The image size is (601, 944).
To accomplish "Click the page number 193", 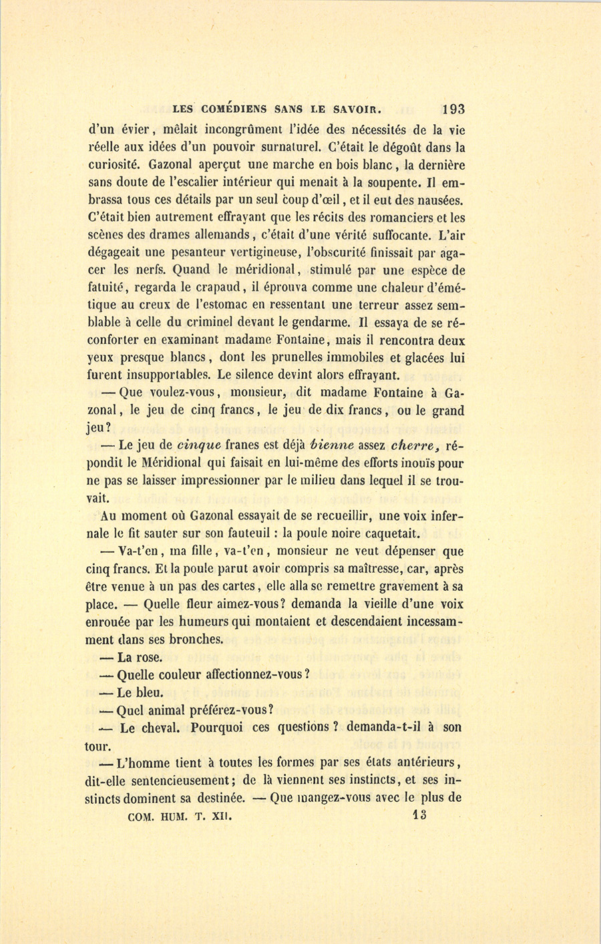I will (x=452, y=109).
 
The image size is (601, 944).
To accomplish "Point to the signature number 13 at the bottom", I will (x=420, y=815).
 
